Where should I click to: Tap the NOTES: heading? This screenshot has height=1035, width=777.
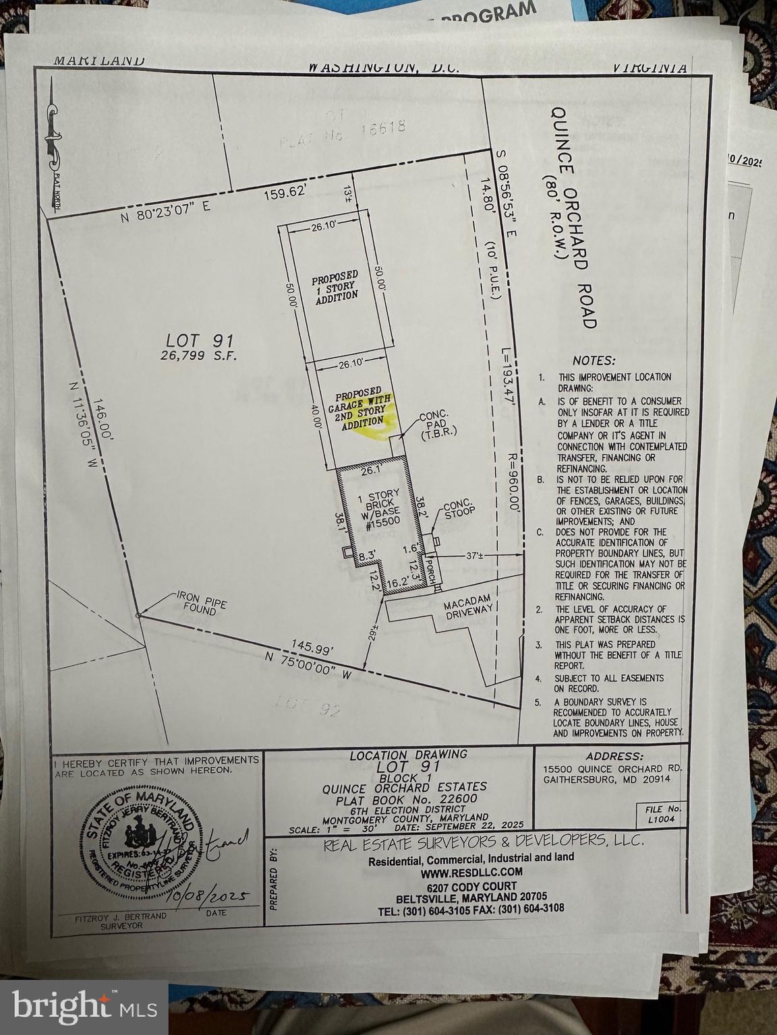pos(594,360)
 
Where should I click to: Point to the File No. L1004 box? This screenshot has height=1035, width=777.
pos(664,814)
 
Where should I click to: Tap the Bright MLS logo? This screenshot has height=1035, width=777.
pos(84,1007)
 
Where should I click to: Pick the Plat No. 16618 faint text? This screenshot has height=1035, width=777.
pos(341,131)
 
